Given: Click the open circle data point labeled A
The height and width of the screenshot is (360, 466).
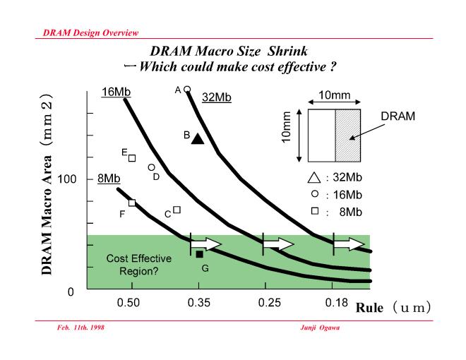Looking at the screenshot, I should [188, 90].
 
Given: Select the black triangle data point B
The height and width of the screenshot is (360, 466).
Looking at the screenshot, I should [198, 139].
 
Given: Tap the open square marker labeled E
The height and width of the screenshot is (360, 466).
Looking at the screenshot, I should [132, 158].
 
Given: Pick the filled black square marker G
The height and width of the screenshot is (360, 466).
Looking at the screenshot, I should [199, 254].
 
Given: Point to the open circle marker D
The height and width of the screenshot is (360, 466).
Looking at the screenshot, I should [151, 167].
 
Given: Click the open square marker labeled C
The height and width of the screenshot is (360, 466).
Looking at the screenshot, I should [177, 210].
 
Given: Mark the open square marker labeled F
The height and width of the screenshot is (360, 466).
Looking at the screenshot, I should [132, 203].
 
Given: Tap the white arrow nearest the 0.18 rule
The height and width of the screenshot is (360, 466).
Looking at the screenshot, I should [349, 244].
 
